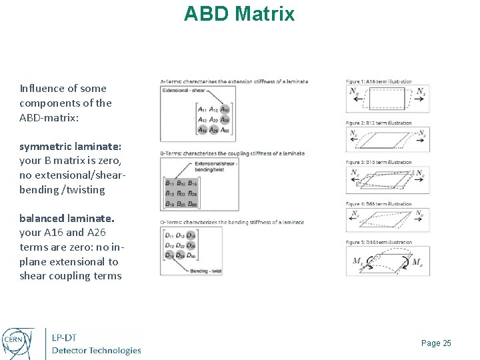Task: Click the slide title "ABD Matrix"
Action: pyautogui.click(x=239, y=13)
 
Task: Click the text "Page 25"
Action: pyautogui.click(x=436, y=343)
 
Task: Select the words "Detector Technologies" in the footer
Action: pyautogui.click(x=97, y=351)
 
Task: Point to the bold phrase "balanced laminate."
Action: pyautogui.click(x=67, y=218)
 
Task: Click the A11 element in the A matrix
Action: pyautogui.click(x=201, y=109)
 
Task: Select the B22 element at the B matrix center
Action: pyautogui.click(x=180, y=193)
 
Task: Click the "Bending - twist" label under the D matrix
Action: pyautogui.click(x=203, y=271)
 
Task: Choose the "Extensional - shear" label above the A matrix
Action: pyautogui.click(x=184, y=89)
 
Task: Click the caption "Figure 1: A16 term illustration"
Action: pyautogui.click(x=378, y=81)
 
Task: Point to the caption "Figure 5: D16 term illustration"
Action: pyautogui.click(x=378, y=243)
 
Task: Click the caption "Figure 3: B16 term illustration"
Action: pyautogui.click(x=378, y=163)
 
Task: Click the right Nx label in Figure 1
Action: pyautogui.click(x=420, y=93)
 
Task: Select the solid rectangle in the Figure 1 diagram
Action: pyautogui.click(x=387, y=99)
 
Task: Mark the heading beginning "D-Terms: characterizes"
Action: pyautogui.click(x=232, y=222)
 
